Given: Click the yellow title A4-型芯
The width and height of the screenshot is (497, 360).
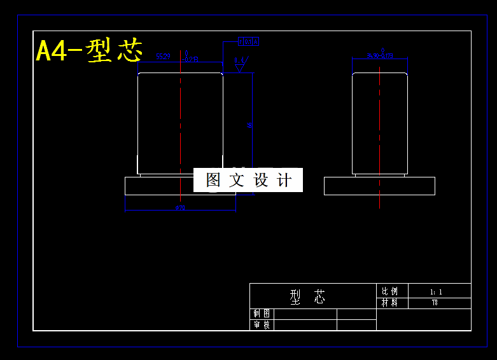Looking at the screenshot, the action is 89,51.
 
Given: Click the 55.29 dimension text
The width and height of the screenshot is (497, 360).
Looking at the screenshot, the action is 164,57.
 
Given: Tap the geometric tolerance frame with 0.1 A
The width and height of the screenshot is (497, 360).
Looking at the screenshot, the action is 248,41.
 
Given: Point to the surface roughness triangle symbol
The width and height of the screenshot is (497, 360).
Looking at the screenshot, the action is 241,64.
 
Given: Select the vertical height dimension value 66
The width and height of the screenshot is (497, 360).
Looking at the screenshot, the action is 250,125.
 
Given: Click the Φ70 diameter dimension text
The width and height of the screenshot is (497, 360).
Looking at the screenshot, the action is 179,208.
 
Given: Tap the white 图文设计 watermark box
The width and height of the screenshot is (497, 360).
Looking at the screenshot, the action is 248,180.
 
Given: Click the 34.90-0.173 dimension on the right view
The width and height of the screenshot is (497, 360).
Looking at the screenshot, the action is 380,56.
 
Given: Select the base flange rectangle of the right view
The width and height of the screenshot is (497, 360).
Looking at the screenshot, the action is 379,186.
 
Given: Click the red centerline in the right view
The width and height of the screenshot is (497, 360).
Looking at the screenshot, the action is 380,127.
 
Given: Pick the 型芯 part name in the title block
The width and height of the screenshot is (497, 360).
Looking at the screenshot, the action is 308,296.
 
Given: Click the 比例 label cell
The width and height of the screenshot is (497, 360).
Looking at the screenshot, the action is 389,291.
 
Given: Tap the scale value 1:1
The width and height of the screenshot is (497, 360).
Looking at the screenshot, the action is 437,292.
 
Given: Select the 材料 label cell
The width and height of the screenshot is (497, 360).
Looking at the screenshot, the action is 389,303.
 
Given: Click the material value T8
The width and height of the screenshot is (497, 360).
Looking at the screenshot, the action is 435,303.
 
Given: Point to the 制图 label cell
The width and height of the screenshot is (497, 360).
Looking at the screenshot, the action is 262,314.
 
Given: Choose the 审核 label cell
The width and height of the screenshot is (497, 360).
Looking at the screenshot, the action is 262,325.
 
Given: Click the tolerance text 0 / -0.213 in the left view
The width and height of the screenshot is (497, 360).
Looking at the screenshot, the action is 192,57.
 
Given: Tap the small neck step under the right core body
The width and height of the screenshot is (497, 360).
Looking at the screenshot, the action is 380,175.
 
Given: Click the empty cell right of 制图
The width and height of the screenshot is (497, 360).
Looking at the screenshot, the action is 305,314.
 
